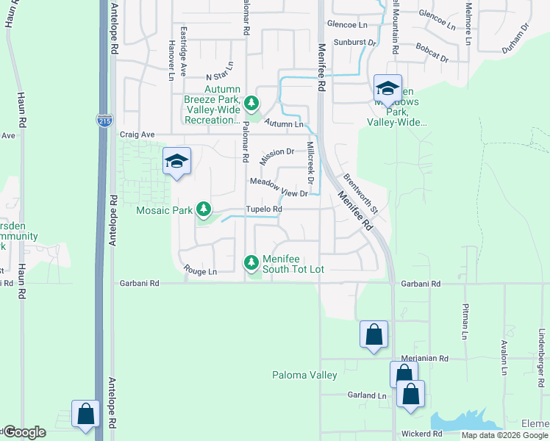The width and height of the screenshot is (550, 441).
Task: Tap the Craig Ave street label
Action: tap(137, 135)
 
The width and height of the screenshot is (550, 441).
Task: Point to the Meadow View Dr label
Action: tap(278, 187)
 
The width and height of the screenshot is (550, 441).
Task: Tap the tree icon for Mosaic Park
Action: tap(204, 210)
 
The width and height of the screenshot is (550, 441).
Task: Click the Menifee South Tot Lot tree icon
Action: tap(251, 262)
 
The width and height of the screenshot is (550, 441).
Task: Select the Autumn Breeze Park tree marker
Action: tap(251, 103)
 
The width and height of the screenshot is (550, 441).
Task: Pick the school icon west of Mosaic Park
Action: tap(176, 161)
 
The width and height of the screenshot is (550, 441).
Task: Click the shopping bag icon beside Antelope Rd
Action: tap(86, 413)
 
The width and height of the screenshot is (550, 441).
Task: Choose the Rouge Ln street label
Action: tap(201, 271)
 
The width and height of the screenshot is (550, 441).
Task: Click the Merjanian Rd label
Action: tap(425, 359)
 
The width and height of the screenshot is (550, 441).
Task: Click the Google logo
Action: tap(24, 432)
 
